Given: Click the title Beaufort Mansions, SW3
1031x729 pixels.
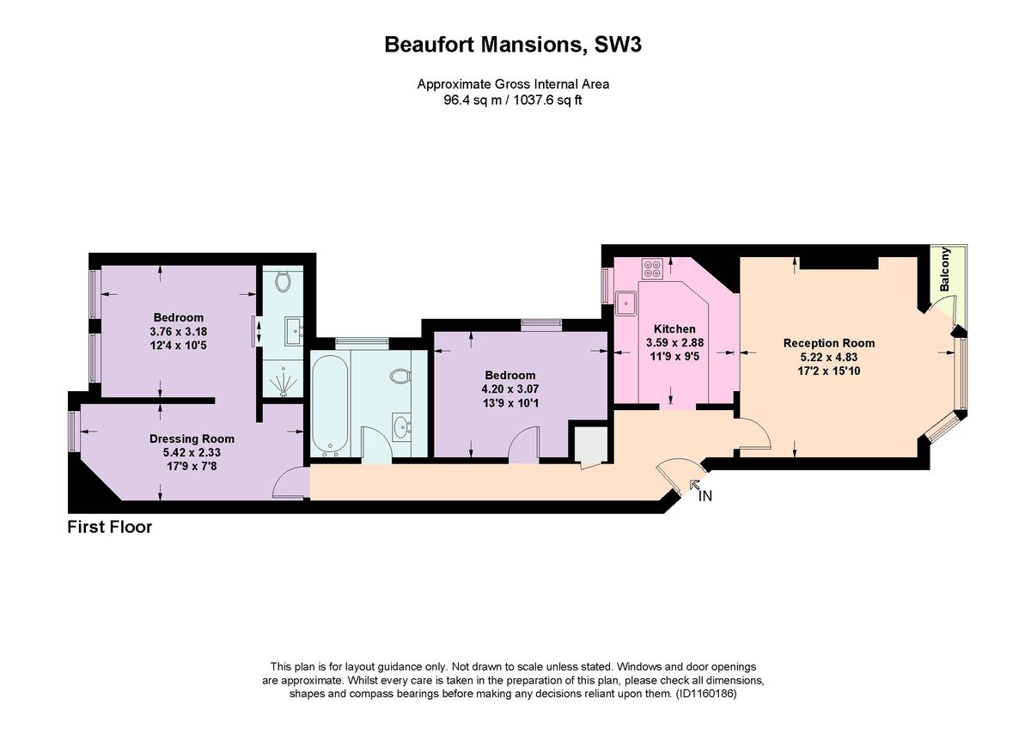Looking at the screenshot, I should [513, 45].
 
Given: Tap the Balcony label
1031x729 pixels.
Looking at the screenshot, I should [945, 270].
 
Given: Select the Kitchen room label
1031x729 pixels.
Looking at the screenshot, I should [674, 329].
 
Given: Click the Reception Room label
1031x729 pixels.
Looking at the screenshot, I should [828, 343].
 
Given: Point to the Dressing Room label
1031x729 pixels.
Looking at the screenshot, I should [192, 438].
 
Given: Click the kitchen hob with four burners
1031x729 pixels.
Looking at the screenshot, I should [652, 268].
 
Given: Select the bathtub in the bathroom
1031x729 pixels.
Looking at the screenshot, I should [329, 404].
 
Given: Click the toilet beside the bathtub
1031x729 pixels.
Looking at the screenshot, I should [400, 377].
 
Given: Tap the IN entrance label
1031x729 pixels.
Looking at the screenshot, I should [705, 496].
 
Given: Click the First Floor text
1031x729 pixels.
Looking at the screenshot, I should [110, 527].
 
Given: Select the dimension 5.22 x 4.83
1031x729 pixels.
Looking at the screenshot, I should [828, 357].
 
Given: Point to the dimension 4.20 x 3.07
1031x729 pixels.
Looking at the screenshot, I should [509, 389].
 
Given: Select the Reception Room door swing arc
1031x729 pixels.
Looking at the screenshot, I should [754, 433].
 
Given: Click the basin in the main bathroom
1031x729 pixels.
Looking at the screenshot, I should [401, 426].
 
